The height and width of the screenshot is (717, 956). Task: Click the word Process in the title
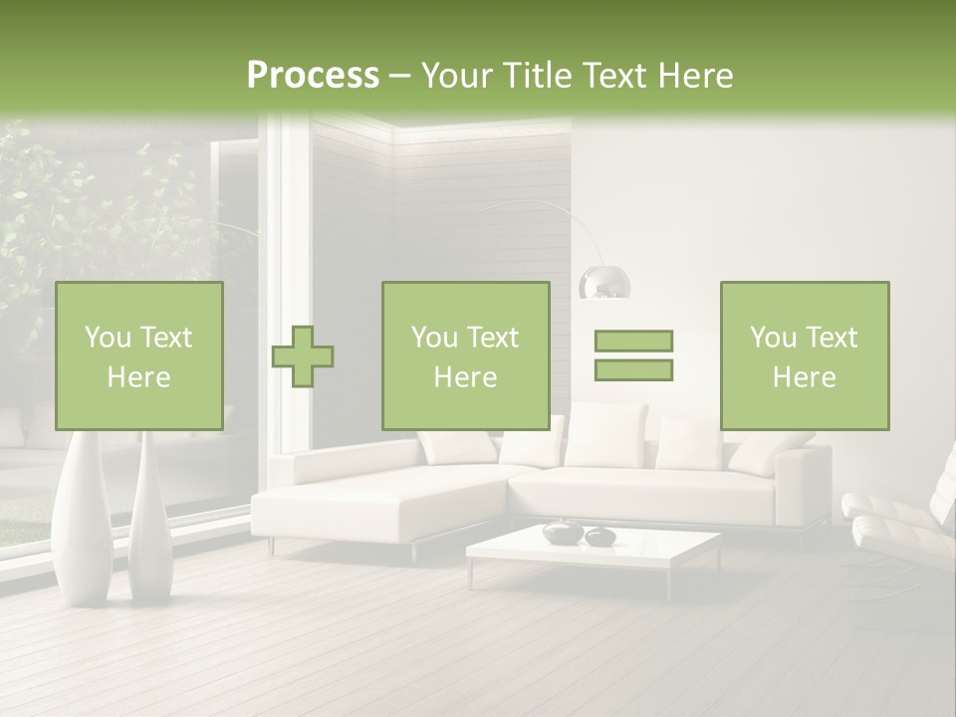[313, 76]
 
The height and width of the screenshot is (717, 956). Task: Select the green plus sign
[303, 356]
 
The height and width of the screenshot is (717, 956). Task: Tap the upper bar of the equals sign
[633, 341]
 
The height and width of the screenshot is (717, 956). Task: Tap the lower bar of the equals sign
[633, 369]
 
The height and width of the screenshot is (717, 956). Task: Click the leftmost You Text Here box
[138, 356]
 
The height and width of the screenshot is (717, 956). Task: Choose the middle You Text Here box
[465, 356]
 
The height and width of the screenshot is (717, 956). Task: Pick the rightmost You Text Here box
[804, 356]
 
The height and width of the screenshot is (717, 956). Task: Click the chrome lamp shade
[605, 282]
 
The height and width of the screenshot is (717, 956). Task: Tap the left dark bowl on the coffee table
[561, 533]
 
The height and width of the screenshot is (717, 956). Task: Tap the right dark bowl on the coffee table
[599, 537]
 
